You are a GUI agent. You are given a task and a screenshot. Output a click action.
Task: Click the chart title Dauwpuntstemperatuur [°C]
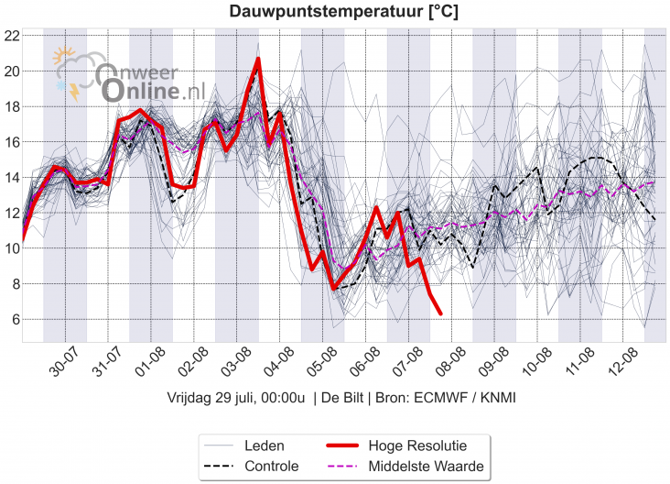[x=343, y=12]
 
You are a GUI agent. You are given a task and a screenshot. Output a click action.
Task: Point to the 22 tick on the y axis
[x=11, y=36]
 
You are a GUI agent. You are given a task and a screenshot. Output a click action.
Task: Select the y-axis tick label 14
[x=11, y=177]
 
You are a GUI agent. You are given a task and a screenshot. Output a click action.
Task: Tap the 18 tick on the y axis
[x=11, y=106]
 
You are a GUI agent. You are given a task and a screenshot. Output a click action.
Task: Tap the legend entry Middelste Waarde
[x=426, y=467]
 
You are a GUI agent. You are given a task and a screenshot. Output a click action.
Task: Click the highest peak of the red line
[x=258, y=60]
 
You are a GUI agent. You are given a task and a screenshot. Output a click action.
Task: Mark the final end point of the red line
[x=440, y=313]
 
